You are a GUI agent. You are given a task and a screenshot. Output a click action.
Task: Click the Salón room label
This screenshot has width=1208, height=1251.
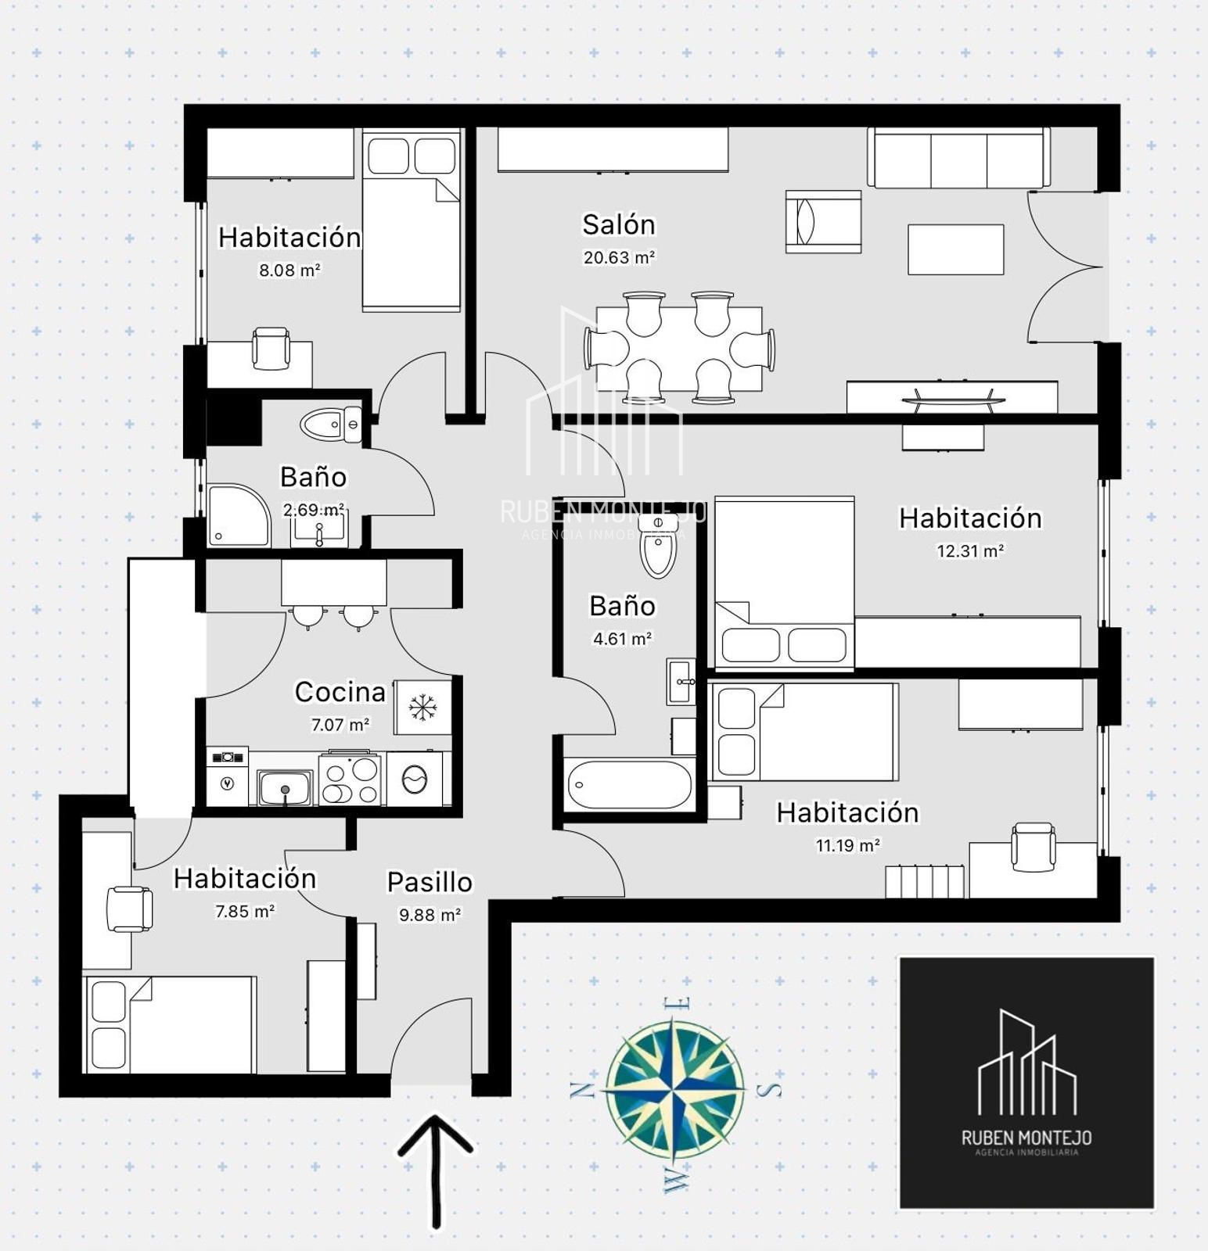click(618, 225)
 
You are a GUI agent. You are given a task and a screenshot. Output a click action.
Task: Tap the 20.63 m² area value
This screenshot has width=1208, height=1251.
click(618, 257)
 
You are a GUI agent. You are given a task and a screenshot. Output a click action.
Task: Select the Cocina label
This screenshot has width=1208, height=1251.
click(340, 692)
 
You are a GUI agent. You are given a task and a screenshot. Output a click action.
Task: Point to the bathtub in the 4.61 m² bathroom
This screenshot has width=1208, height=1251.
click(629, 784)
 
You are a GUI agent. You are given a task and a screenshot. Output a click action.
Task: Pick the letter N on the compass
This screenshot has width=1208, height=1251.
click(581, 1089)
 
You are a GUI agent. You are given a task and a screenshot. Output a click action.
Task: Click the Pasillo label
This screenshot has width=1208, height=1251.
click(430, 883)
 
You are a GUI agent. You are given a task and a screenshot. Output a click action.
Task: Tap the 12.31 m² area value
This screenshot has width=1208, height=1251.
click(970, 551)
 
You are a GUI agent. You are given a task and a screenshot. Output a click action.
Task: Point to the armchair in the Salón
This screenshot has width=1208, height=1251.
click(823, 221)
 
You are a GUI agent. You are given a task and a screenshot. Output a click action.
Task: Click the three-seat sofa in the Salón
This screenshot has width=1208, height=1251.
click(958, 158)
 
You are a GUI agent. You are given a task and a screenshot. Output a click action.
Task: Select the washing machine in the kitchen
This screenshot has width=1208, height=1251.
click(414, 779)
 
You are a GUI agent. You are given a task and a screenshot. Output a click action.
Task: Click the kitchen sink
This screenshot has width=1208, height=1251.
click(285, 787)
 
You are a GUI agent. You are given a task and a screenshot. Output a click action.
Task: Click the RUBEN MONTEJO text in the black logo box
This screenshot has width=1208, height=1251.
click(1026, 1138)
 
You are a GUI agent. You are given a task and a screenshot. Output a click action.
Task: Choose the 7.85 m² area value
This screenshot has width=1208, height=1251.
click(245, 912)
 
